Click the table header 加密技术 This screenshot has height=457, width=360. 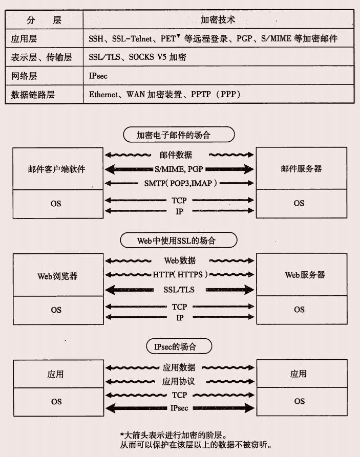(218, 20)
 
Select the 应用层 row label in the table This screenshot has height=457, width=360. (24, 38)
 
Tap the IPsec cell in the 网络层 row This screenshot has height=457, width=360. (98, 76)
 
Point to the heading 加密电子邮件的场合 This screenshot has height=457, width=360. (179, 135)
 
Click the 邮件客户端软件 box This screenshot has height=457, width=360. (56, 169)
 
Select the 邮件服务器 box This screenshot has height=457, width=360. (301, 169)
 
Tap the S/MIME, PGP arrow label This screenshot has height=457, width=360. (179, 169)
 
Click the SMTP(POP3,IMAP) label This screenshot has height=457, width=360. (179, 183)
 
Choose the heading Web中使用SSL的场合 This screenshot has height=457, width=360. (179, 241)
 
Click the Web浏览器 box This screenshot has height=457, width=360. (57, 276)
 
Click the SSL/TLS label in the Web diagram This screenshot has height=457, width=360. (179, 290)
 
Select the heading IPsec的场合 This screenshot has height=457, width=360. (175, 346)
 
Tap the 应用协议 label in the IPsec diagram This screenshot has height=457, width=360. (179, 382)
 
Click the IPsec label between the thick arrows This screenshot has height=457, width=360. (179, 408)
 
